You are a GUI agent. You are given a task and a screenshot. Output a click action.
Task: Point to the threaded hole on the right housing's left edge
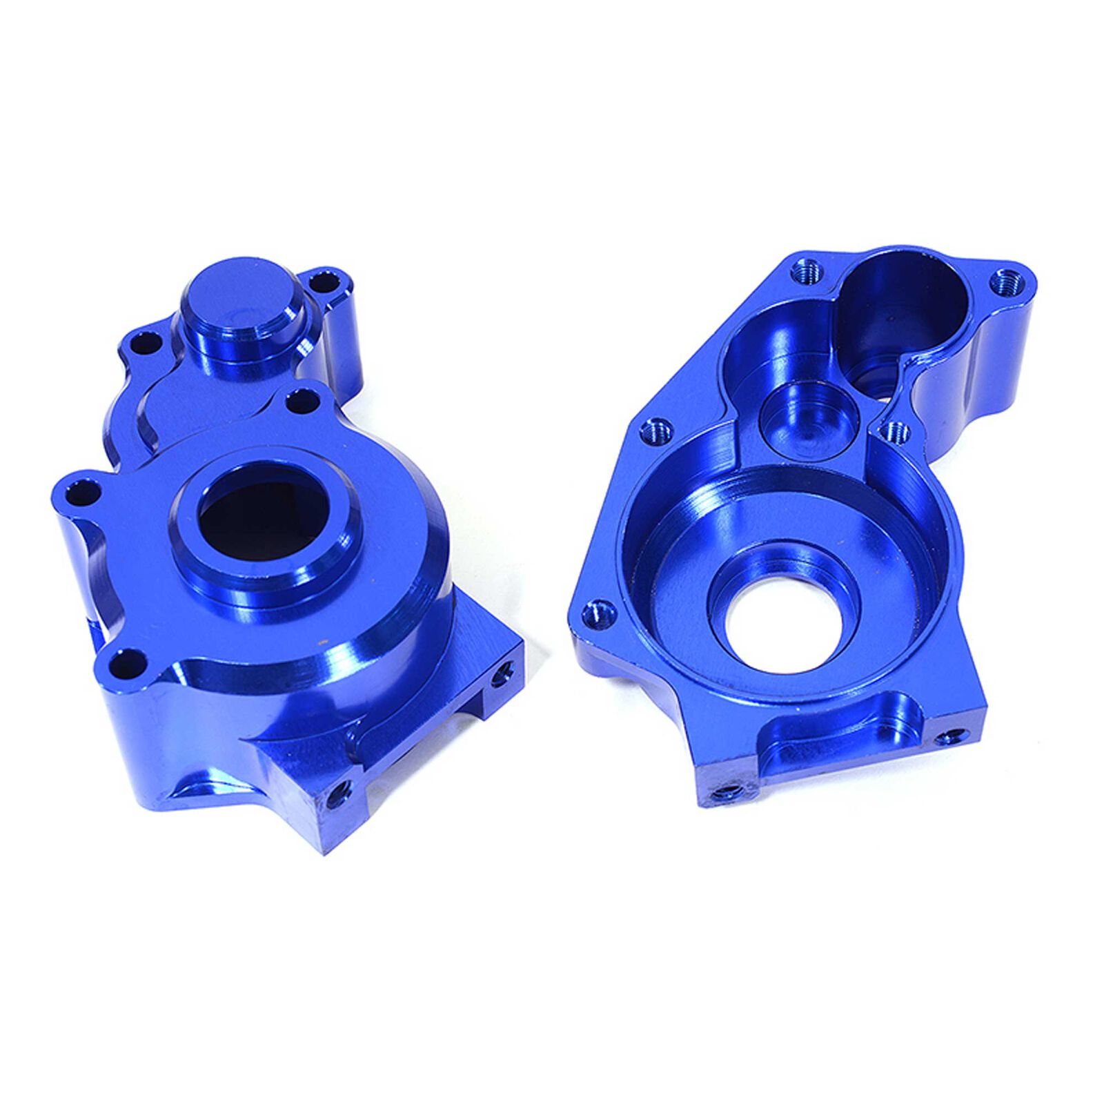(x=656, y=431)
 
